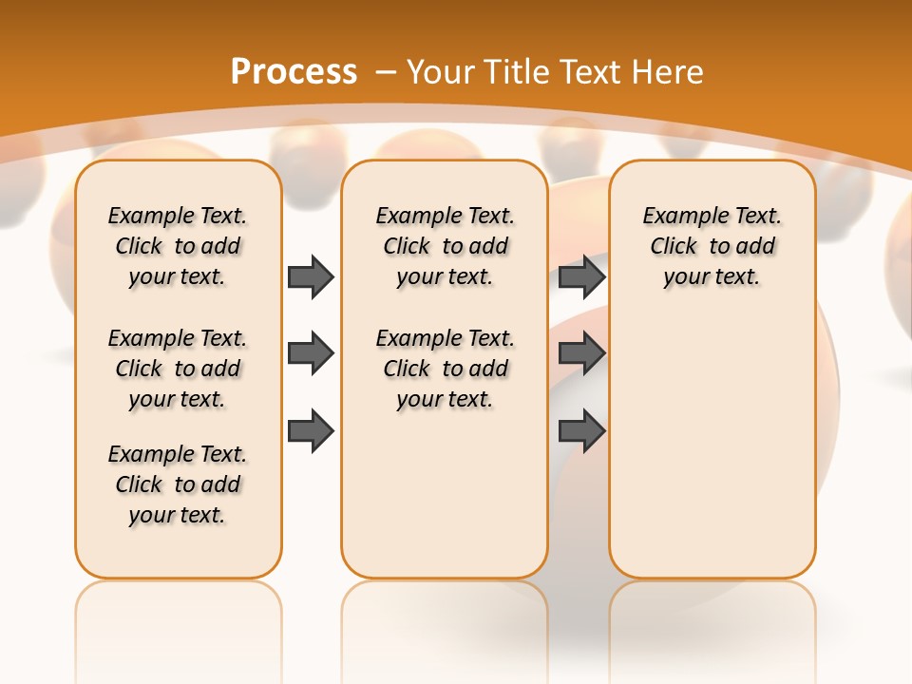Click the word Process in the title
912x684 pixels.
(x=294, y=72)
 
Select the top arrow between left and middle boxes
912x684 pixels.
(x=311, y=276)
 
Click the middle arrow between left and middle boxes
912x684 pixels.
(x=311, y=353)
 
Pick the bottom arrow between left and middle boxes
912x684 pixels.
(x=311, y=430)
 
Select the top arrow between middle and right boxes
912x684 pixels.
(x=582, y=276)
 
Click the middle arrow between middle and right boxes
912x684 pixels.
(x=582, y=353)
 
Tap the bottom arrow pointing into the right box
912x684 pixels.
(x=582, y=430)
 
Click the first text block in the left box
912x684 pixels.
(x=178, y=246)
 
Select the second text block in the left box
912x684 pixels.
(x=178, y=369)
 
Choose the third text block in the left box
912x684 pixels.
(x=178, y=484)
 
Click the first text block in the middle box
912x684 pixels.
(x=445, y=246)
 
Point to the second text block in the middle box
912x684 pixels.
(x=445, y=369)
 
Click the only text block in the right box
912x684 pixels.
(x=712, y=246)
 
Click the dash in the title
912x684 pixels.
(x=387, y=72)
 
